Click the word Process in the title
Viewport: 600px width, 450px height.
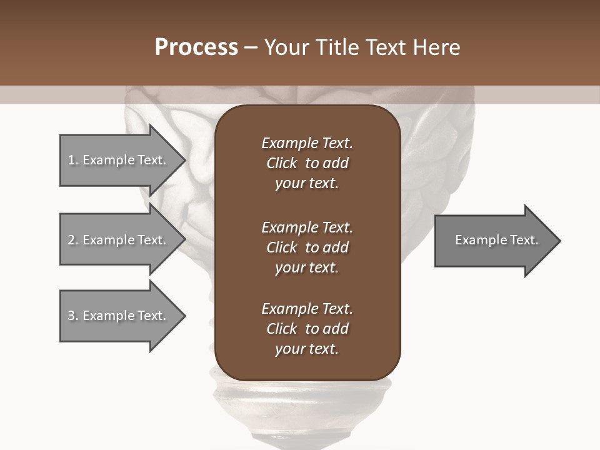click(x=196, y=47)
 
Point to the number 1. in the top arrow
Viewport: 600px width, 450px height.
click(x=73, y=160)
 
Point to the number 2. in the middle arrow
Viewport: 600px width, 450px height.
click(x=73, y=240)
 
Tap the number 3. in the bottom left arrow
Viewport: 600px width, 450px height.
click(x=73, y=316)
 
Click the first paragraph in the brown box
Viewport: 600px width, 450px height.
click(x=307, y=163)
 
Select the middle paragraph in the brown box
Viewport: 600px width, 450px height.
click(x=307, y=247)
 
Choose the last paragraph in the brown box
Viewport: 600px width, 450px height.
click(x=307, y=329)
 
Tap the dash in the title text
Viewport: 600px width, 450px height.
click(x=251, y=47)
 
